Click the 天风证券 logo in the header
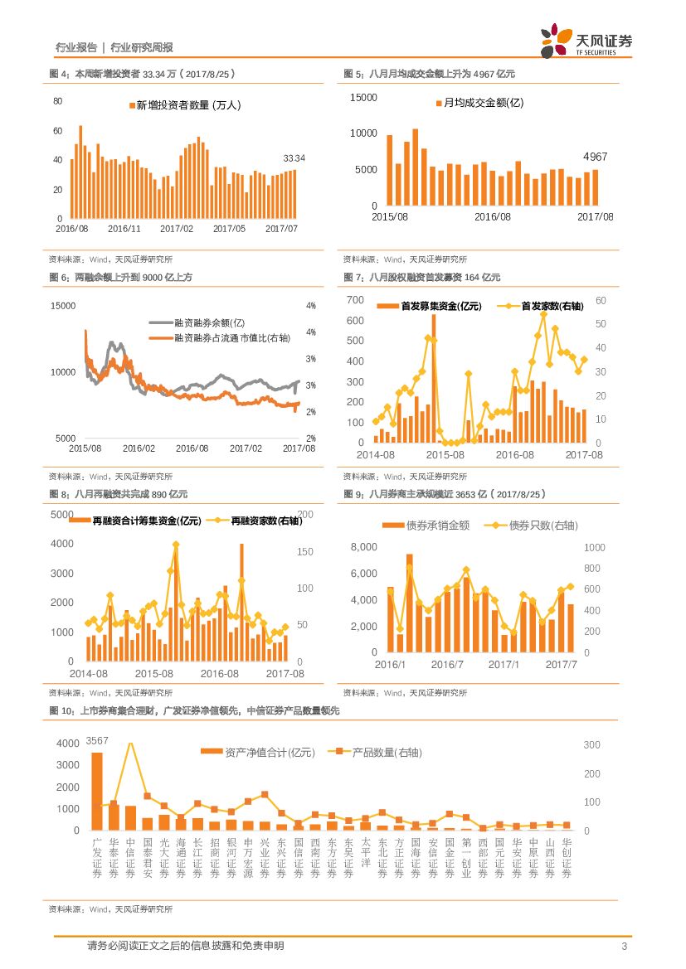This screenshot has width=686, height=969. tap(586, 40)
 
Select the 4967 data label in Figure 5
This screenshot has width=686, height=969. tap(595, 157)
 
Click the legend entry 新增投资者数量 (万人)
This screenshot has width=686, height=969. tap(184, 105)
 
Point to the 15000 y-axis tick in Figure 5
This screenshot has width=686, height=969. tap(363, 97)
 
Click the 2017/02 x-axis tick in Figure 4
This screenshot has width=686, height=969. tap(177, 229)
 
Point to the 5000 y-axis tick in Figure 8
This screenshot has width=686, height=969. tap(62, 515)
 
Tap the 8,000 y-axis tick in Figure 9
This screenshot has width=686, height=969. tap(364, 547)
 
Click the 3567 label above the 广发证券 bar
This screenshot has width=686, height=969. tap(97, 740)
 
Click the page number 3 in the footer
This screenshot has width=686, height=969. tap(623, 947)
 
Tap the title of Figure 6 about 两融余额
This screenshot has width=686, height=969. tap(121, 277)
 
